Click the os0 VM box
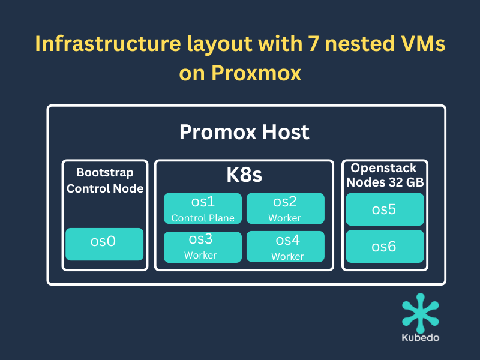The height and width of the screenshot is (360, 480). coord(104,244)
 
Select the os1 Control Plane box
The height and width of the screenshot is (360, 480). coord(203,208)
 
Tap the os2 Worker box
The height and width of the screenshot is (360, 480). coord(286,208)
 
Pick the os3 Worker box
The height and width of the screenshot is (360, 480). coord(203,247)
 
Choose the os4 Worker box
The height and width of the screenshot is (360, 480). coord(286,247)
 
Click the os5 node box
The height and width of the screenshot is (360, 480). coord(385,209)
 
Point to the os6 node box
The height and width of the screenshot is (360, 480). coord(385,247)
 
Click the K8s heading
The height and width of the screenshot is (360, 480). coord(244,175)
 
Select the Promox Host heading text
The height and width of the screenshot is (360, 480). coord(244,132)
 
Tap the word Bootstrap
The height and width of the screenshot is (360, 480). coord(105,173)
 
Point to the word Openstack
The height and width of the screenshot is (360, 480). coord(383,169)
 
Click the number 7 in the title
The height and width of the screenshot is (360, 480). coord(313,43)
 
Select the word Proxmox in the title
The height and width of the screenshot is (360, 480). coord(256,73)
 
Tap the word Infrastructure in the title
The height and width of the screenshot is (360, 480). coord(108,43)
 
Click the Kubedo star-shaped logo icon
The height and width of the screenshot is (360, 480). coord(421,313)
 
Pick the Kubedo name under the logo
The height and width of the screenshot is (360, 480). coord(421,338)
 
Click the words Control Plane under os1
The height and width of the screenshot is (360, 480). coord(203,218)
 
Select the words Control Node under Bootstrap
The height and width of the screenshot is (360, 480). coord(105,188)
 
